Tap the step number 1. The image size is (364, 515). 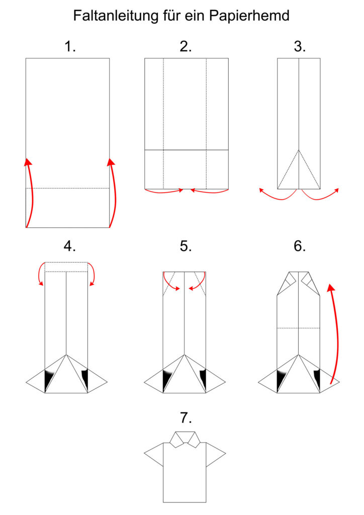70,46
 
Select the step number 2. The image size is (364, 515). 186,46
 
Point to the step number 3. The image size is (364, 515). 300,46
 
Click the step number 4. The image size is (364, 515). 69,245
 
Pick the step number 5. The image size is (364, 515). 186,245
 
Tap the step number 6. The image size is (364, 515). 300,245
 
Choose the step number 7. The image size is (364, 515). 186,418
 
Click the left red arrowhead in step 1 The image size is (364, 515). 29,161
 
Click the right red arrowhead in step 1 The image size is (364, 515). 111,161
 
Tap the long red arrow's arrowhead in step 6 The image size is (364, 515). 331,288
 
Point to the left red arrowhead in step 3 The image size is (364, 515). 261,190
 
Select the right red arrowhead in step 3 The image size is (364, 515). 336,190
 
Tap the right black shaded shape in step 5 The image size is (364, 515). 203,378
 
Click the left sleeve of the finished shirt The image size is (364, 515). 154,454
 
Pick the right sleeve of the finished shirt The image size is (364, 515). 215,454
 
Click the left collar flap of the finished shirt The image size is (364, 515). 177,439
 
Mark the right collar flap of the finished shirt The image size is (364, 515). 193,439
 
